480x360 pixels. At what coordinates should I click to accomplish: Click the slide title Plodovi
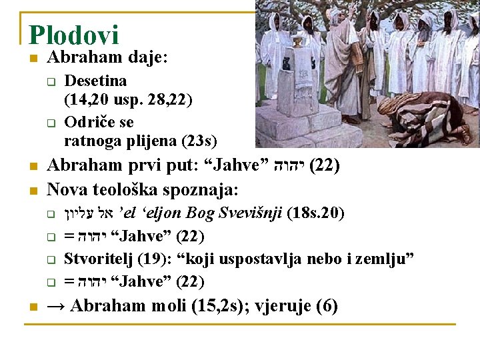coord(73,35)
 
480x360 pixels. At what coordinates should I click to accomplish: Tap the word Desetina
coord(95,81)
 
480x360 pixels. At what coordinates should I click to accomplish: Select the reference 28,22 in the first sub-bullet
coord(171,100)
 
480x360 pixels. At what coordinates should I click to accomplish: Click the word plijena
coord(155,141)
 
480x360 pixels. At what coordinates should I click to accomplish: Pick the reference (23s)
coord(199,141)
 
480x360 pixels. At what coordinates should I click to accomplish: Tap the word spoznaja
coord(204,189)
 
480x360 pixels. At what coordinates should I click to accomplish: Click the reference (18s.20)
coord(315,213)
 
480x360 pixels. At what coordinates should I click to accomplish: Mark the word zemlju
coord(391,259)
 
